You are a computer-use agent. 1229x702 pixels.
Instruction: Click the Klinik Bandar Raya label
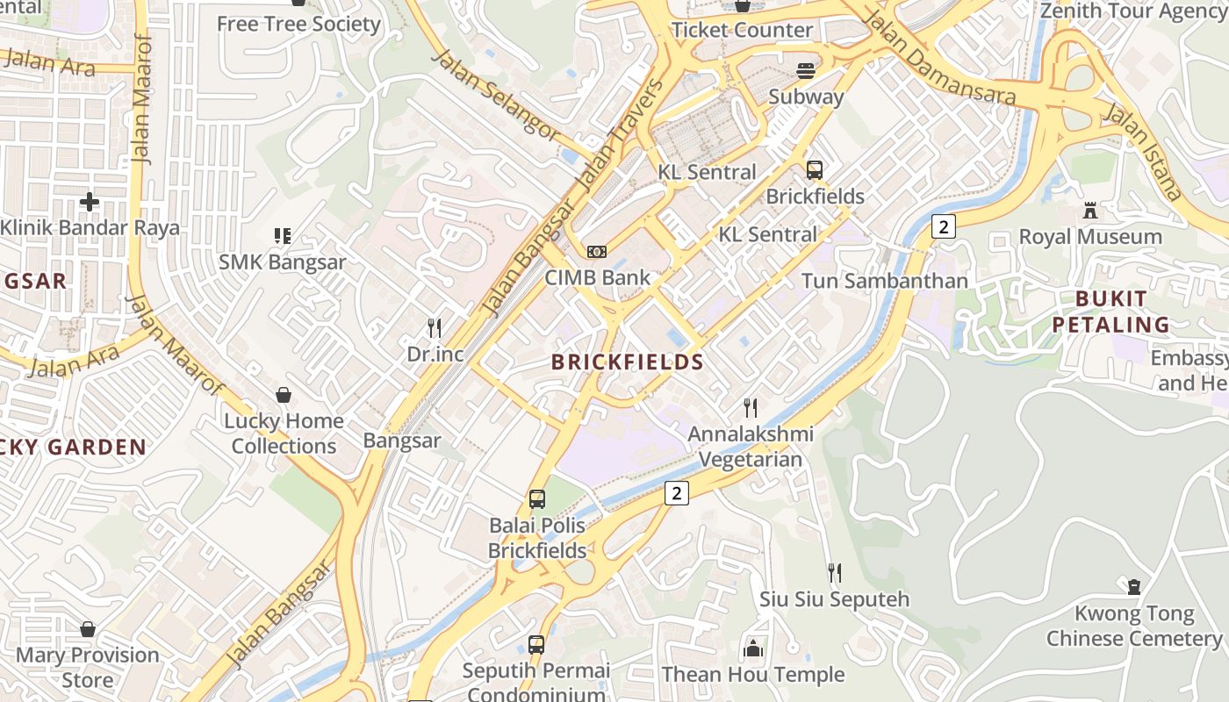pyautogui.click(x=90, y=228)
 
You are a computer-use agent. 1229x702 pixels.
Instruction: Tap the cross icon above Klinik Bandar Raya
pyautogui.click(x=89, y=202)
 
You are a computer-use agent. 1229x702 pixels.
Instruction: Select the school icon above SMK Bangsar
pyautogui.click(x=282, y=235)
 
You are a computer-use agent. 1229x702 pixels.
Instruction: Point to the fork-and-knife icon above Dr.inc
pyautogui.click(x=435, y=328)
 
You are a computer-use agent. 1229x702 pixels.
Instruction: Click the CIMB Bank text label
pyautogui.click(x=598, y=278)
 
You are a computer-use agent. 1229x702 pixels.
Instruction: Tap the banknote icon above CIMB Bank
pyautogui.click(x=597, y=252)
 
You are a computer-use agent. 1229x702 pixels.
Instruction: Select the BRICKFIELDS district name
pyautogui.click(x=628, y=362)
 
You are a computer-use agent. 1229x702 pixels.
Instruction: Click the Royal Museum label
pyautogui.click(x=1090, y=237)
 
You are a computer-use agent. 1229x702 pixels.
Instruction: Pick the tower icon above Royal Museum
pyautogui.click(x=1090, y=211)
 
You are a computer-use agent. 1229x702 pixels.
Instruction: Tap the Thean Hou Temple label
pyautogui.click(x=753, y=675)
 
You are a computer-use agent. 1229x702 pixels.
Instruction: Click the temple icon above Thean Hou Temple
pyautogui.click(x=753, y=649)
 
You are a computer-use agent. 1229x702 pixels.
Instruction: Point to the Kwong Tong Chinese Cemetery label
pyautogui.click(x=1134, y=626)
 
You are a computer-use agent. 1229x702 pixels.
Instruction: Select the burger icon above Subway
pyautogui.click(x=806, y=70)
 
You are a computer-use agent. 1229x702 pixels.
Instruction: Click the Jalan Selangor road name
pyautogui.click(x=497, y=96)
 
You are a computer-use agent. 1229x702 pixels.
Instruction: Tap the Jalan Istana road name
pyautogui.click(x=1142, y=151)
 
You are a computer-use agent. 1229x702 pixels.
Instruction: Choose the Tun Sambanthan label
pyautogui.click(x=885, y=281)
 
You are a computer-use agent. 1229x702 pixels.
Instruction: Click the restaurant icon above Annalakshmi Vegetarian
pyautogui.click(x=751, y=408)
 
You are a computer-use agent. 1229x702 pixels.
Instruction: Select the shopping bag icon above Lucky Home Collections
pyautogui.click(x=284, y=395)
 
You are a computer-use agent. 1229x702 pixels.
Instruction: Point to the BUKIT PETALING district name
pyautogui.click(x=1111, y=312)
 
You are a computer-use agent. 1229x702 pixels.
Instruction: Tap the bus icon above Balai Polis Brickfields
pyautogui.click(x=537, y=499)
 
